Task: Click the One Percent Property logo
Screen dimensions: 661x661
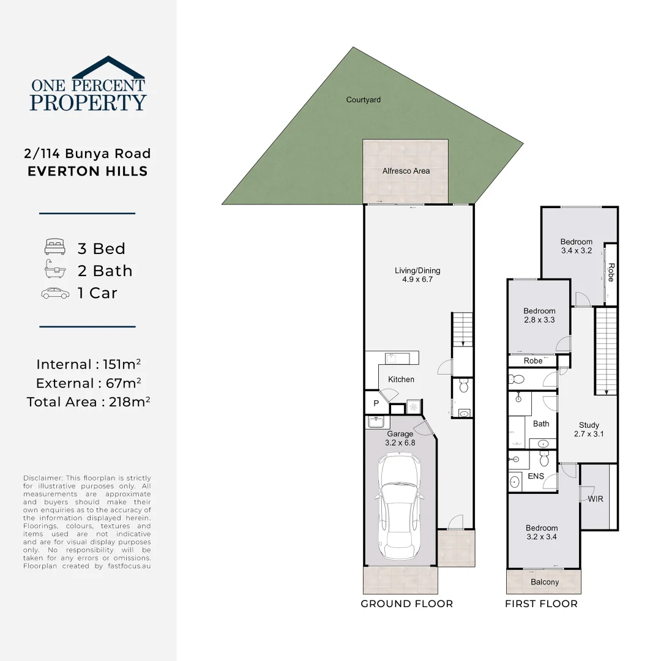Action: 88,85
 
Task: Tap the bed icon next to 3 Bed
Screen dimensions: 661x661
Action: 54,248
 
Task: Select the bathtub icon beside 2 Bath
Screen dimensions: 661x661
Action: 54,270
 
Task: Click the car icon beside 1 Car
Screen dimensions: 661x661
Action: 55,293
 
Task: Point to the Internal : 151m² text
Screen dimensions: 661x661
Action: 89,364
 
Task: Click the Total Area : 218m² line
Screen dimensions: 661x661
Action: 89,401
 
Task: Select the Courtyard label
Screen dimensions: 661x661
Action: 364,100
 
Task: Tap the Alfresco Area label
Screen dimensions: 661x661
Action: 406,171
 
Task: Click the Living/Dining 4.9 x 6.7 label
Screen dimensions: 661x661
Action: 417,275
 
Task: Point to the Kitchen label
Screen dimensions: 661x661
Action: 401,379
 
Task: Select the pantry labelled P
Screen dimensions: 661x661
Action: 376,403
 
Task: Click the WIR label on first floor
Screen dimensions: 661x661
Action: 596,499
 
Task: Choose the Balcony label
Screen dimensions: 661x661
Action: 544,582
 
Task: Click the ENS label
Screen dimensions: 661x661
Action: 536,476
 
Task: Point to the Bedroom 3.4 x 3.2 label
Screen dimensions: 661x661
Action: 576,246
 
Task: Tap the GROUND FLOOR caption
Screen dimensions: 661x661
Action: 406,604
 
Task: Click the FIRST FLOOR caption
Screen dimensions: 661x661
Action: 541,604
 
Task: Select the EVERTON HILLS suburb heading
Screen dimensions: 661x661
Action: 88,171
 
